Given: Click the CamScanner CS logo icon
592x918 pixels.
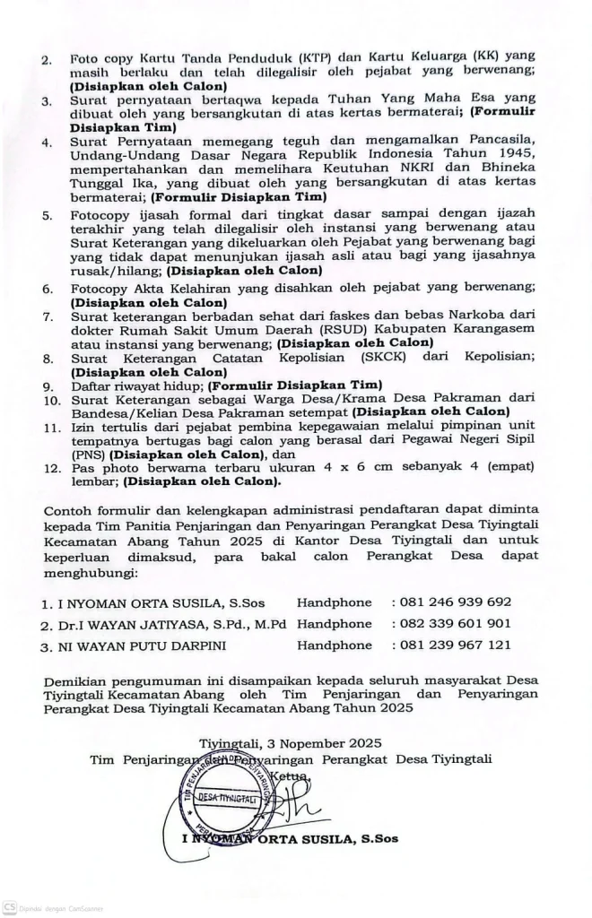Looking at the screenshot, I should (x=9, y=908).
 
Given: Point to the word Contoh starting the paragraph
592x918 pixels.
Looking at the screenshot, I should (x=68, y=511).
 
